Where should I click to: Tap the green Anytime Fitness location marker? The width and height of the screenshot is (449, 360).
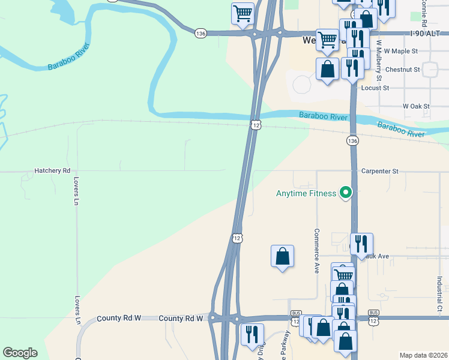coord(345,193)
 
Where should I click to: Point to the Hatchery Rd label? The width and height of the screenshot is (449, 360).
coord(52,171)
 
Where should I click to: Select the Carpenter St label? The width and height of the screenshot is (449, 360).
coord(379,171)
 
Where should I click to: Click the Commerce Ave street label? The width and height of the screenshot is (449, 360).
coord(316,251)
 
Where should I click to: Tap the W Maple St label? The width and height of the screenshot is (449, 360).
coord(401,52)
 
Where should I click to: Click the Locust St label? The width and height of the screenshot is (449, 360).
coord(375,88)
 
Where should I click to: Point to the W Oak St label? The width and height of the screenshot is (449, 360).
coord(417,106)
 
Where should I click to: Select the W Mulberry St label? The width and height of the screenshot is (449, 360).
coord(379,60)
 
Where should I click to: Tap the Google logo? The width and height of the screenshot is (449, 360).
coord(20,353)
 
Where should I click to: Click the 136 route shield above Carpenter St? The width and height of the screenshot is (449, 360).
coord(352,140)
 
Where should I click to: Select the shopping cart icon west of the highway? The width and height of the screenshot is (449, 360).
coord(243,13)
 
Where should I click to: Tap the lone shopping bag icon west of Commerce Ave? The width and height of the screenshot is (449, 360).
coord(282,256)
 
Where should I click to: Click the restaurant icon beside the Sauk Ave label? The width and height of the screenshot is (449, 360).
coord(361,244)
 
